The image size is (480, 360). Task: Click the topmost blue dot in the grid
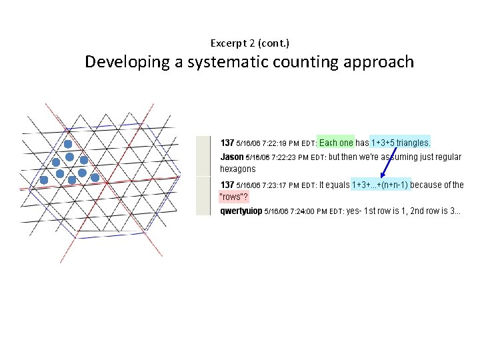(67, 144)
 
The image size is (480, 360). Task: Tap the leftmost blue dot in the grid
(44, 180)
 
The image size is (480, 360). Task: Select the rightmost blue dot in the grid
(95, 178)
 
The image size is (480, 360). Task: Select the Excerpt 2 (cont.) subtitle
(250, 43)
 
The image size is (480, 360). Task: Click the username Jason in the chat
(232, 157)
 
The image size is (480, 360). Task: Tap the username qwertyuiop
(241, 211)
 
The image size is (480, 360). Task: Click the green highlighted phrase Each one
(336, 143)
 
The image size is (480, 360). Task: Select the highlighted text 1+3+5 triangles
(400, 143)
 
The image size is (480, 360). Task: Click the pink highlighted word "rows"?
(234, 197)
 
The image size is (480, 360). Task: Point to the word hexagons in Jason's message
(238, 169)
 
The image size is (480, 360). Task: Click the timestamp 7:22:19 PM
(275, 143)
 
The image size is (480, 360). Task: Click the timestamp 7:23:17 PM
(275, 185)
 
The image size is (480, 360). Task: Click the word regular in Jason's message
(447, 157)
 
